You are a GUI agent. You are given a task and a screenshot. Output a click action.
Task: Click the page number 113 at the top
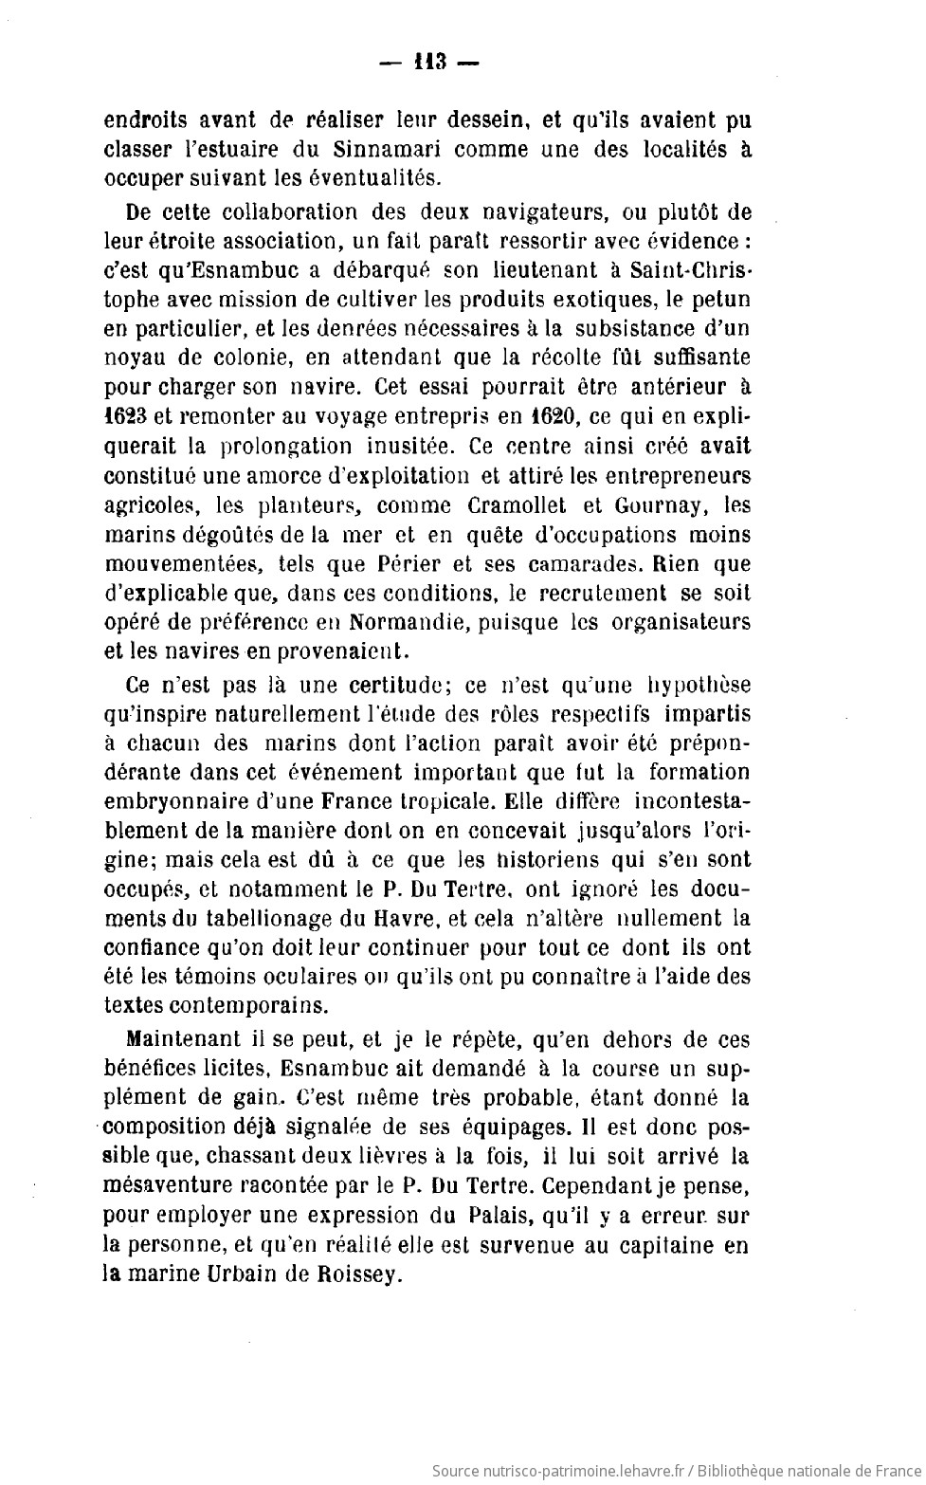pyautogui.click(x=430, y=64)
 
